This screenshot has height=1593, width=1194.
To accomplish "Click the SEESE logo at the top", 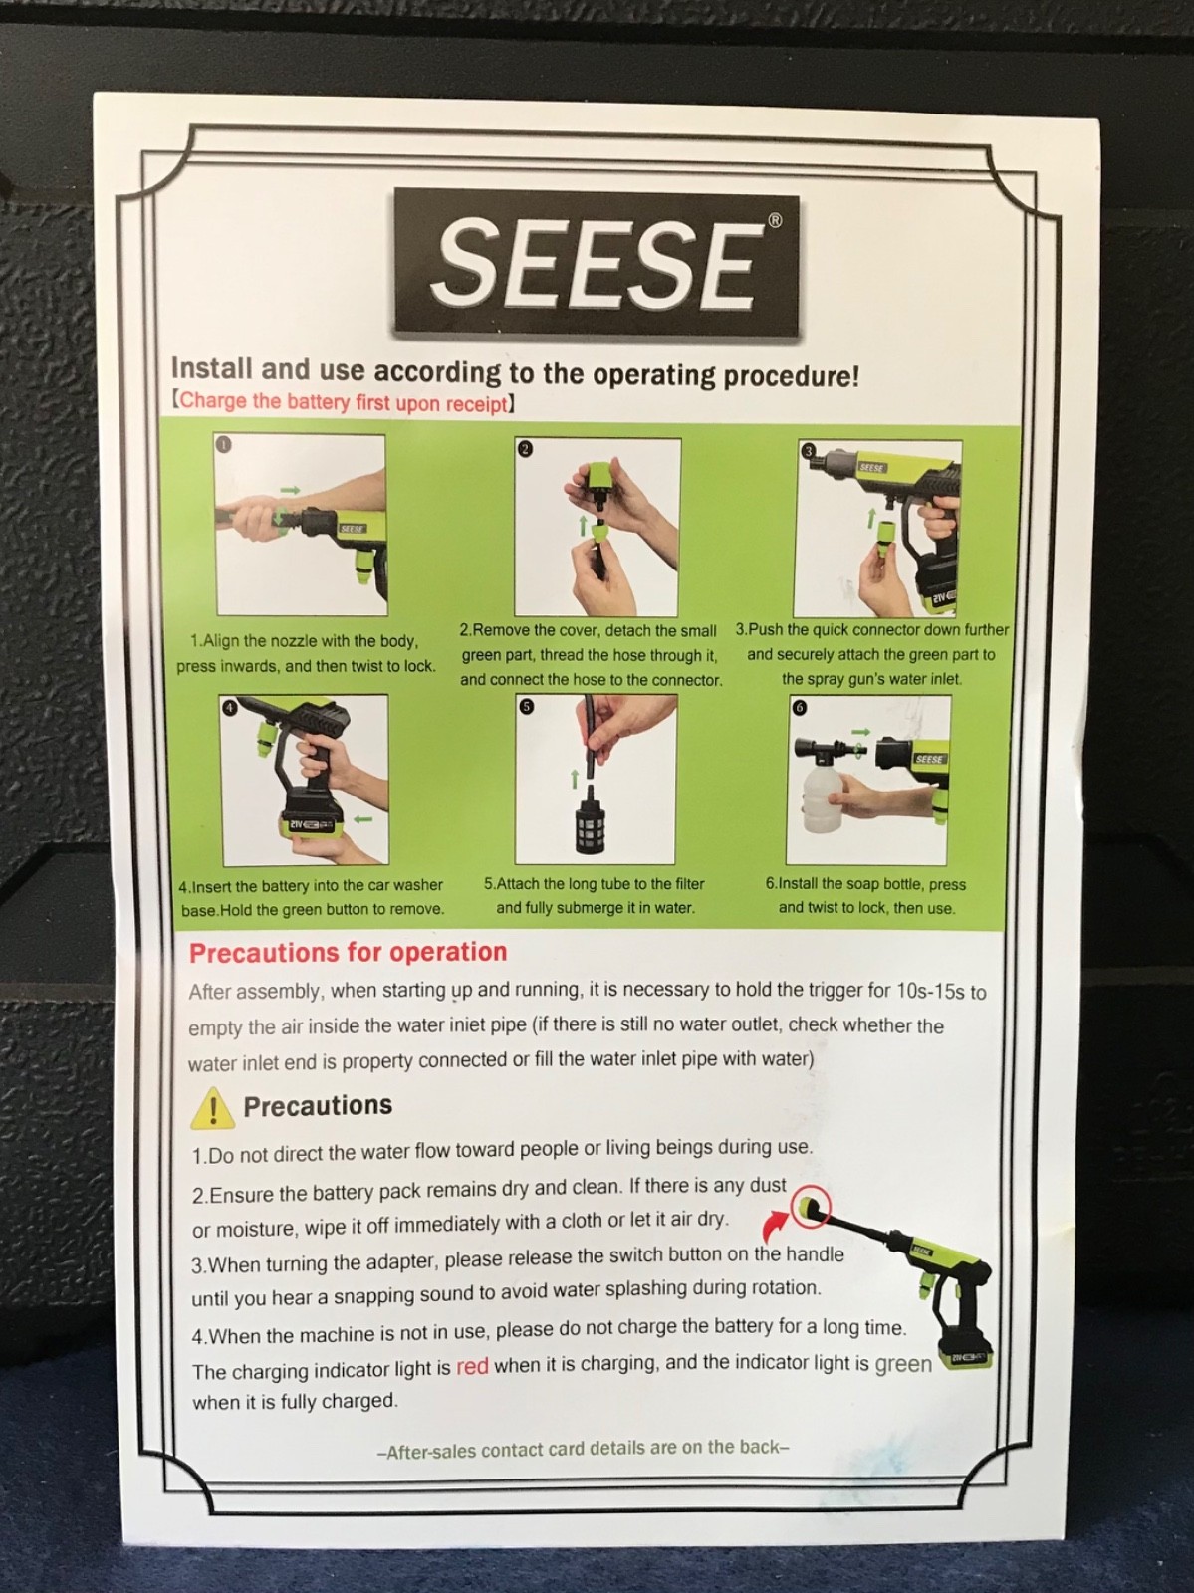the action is click(596, 263).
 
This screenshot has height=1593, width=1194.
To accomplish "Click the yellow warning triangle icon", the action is click(212, 1107).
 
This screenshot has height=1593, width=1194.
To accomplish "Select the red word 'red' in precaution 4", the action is click(472, 1367).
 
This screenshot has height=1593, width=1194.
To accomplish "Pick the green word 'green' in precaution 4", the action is click(903, 1364).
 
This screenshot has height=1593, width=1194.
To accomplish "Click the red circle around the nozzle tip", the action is click(810, 1207).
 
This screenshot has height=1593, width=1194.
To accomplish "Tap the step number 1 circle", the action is click(223, 444).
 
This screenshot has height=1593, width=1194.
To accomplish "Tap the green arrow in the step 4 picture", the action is click(363, 819).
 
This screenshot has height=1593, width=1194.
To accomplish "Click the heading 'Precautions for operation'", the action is click(348, 952).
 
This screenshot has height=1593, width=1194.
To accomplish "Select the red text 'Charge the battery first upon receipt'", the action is click(343, 402).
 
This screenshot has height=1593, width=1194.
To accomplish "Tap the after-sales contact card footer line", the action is click(583, 1449).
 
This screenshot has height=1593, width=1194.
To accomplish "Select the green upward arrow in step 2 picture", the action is click(583, 526).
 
